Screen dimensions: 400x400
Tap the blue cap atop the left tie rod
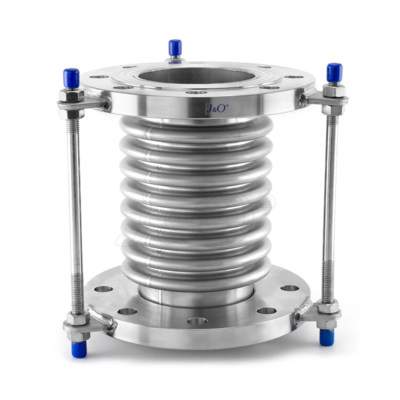click(71, 77)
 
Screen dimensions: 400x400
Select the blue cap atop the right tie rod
click(334, 72)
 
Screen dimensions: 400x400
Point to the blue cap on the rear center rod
click(174, 48)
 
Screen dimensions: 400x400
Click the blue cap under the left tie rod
click(79, 348)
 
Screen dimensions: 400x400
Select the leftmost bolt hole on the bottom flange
click(104, 289)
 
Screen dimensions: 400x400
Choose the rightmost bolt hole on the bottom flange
click(290, 288)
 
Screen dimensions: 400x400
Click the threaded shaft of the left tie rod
click(75, 210)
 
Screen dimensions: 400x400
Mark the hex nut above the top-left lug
click(70, 95)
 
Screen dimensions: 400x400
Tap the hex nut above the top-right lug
click(333, 91)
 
